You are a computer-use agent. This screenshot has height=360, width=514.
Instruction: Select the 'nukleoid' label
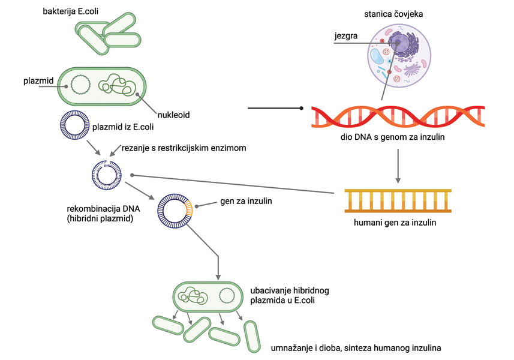(173, 115)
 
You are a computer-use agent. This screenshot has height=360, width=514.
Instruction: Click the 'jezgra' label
(346, 36)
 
